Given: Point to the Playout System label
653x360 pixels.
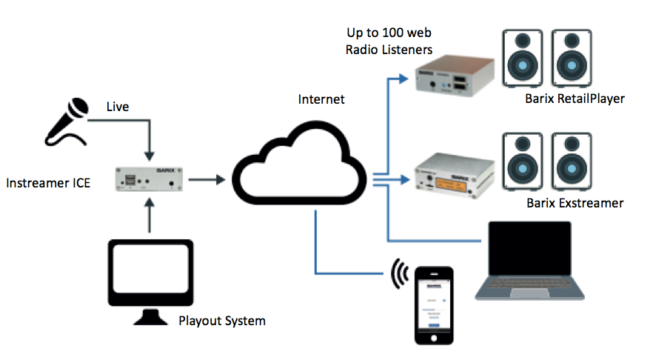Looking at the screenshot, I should tap(221, 321).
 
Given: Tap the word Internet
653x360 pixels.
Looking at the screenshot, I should tap(321, 99).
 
